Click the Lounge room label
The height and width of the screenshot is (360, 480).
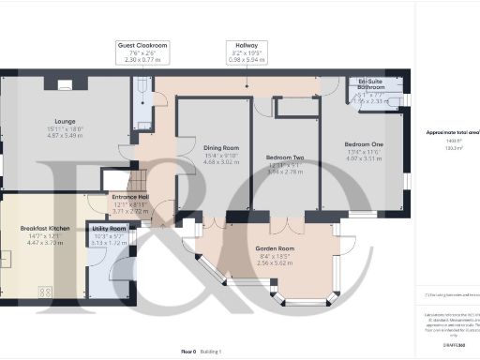(66, 121)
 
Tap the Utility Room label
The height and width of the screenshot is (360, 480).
(110, 228)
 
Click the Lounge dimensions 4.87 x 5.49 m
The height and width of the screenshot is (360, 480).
(66, 136)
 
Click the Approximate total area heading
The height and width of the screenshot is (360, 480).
(449, 132)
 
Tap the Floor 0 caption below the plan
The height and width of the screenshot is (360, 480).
(187, 350)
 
